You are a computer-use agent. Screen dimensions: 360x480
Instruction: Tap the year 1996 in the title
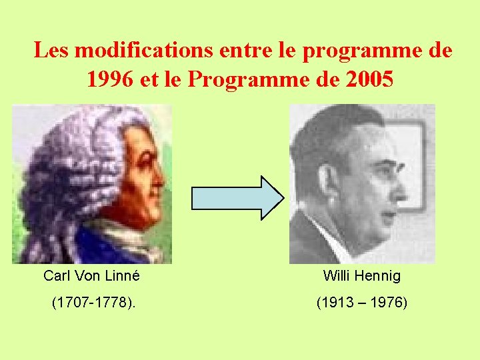point(111,79)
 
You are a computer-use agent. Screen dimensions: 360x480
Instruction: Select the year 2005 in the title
point(371,79)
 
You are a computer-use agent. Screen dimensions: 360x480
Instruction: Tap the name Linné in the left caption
point(123,275)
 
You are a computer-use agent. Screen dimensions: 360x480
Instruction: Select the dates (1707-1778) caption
point(93,303)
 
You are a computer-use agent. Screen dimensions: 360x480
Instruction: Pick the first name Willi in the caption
point(336,275)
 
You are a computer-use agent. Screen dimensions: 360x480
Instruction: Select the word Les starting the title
point(51,50)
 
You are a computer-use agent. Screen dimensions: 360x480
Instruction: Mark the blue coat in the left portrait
point(100,247)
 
